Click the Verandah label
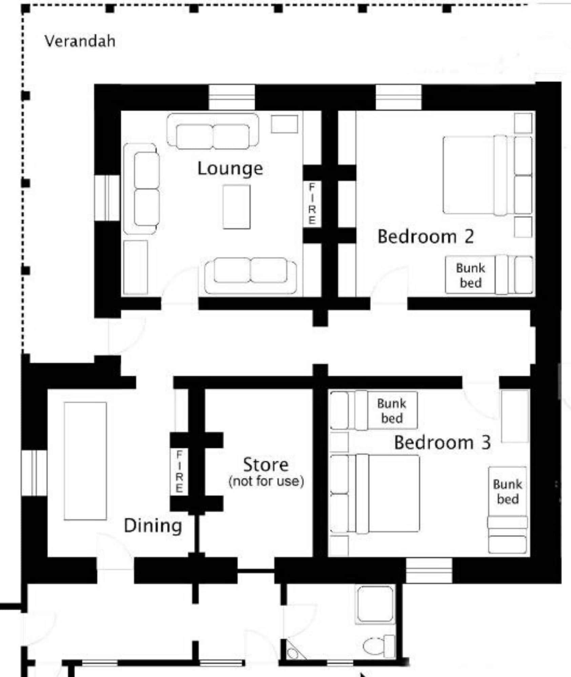(80, 41)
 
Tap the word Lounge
(230, 168)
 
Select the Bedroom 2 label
(426, 236)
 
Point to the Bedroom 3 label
(442, 442)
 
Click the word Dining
(153, 526)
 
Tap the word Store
(266, 464)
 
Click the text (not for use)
(266, 481)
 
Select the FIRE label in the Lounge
(312, 204)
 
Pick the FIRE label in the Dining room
(179, 472)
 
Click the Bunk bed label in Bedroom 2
(470, 275)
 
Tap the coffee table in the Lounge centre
(237, 206)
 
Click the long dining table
(85, 461)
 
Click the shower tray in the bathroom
(375, 605)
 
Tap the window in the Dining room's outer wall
(34, 473)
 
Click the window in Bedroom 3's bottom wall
(429, 571)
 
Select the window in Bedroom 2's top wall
(399, 97)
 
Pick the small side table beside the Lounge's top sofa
(284, 124)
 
